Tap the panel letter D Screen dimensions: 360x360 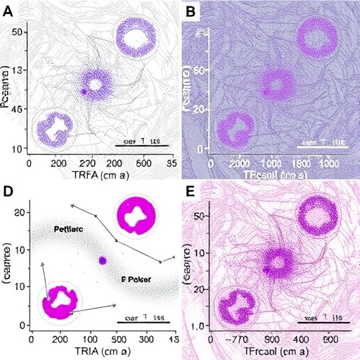coord(10,191)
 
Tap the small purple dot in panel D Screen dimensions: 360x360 coord(103,260)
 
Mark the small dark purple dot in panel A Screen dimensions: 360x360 coord(83,92)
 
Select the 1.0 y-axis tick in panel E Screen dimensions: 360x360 coord(198,326)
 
